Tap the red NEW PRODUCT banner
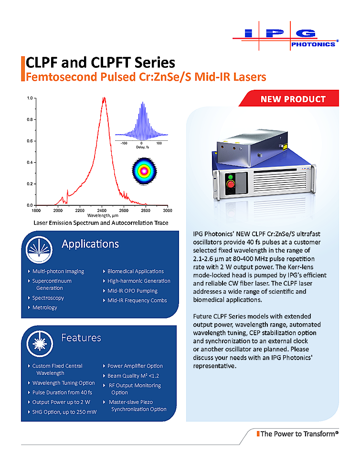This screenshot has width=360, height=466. click(x=292, y=99)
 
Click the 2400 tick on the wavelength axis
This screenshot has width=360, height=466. click(x=102, y=210)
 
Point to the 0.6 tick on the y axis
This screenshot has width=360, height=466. click(x=29, y=141)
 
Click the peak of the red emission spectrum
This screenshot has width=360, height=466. click(x=104, y=98)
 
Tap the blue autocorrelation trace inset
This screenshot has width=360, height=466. click(x=141, y=123)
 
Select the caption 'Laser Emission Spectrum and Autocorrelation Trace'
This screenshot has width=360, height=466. click(x=101, y=223)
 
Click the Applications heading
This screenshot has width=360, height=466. click(x=90, y=244)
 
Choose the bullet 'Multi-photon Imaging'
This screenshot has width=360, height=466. click(x=58, y=271)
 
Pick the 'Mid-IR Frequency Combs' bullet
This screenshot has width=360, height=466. click(x=137, y=300)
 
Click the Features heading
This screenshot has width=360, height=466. click(x=81, y=338)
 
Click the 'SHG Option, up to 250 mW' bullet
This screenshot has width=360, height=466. click(x=64, y=412)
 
